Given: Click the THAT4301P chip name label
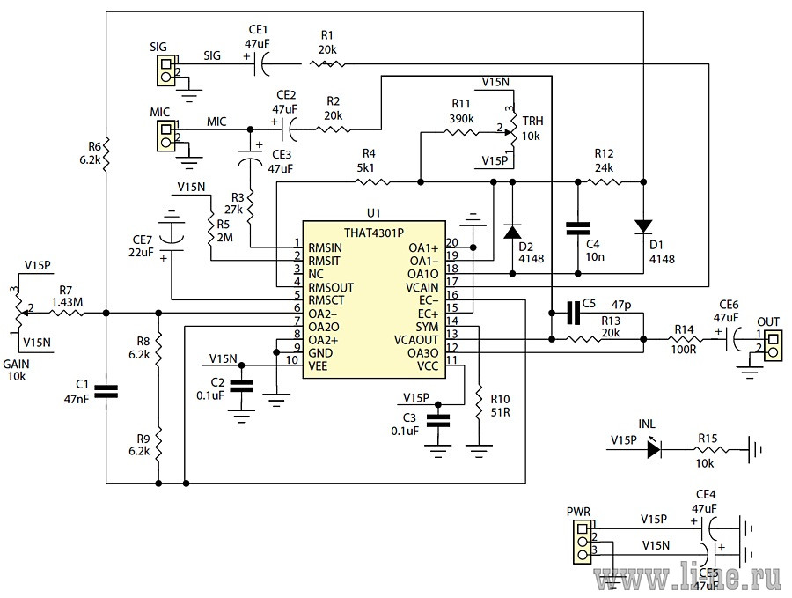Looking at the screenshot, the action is click(x=374, y=233).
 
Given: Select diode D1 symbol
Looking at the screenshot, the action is click(x=643, y=226).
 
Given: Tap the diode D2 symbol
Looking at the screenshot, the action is click(x=513, y=232).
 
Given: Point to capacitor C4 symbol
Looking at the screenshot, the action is click(x=578, y=228).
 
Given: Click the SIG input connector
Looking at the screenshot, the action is click(x=166, y=70).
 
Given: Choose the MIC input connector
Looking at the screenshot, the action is click(x=166, y=136).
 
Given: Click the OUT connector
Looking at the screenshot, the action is click(x=774, y=345).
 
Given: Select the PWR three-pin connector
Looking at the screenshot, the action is click(x=583, y=543).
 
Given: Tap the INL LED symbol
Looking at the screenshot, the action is click(x=654, y=449).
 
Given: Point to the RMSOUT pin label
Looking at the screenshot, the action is click(x=331, y=288).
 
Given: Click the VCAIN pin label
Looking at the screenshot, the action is click(x=422, y=288).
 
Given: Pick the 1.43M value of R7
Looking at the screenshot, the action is click(x=67, y=302).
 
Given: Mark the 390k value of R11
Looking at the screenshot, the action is click(x=461, y=118).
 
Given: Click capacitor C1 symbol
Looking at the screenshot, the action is click(x=106, y=391).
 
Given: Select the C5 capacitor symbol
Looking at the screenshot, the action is click(x=573, y=313).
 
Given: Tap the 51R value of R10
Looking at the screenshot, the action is click(x=501, y=412).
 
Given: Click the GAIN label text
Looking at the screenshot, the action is click(x=16, y=364).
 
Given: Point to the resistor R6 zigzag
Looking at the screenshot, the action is click(x=106, y=153).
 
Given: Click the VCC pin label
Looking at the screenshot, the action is click(x=428, y=366).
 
